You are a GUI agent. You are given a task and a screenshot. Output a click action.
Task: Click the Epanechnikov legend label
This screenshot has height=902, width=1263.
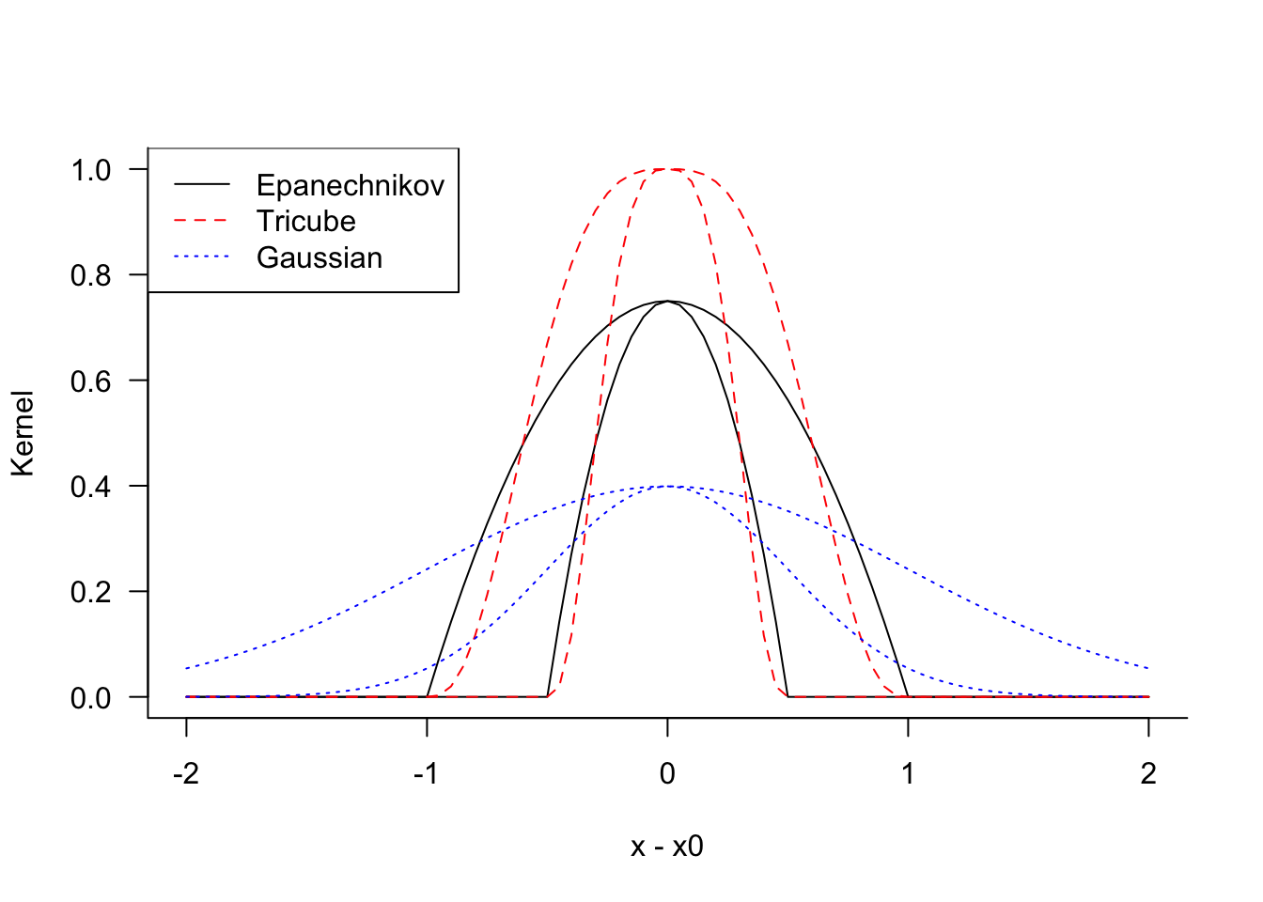[351, 185]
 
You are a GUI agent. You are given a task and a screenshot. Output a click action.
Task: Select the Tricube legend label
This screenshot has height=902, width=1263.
[306, 221]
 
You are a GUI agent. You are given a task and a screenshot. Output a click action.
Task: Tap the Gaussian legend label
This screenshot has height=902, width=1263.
[320, 257]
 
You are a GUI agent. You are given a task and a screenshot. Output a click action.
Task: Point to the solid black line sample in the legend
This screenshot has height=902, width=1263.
[202, 184]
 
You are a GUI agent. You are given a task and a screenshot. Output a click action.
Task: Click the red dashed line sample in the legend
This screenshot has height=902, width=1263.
[202, 221]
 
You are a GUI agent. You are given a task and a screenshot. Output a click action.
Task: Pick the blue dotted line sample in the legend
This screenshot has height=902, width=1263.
[202, 257]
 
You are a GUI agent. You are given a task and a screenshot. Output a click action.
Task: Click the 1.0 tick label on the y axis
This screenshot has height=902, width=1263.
[91, 170]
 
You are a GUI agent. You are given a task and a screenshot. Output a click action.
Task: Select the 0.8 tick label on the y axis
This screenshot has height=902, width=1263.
[91, 276]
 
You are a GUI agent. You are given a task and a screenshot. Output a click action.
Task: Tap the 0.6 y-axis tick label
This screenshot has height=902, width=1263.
[91, 381]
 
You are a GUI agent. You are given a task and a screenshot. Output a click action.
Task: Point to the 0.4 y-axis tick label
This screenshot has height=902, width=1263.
[91, 487]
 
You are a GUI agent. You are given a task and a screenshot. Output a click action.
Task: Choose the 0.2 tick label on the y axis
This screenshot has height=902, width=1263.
[91, 593]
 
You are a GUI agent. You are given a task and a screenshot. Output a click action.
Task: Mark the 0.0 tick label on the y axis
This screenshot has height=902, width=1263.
[91, 698]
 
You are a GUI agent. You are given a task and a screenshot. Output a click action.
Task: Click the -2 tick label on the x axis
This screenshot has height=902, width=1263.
[186, 773]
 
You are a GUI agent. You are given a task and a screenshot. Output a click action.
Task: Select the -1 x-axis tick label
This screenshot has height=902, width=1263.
[427, 773]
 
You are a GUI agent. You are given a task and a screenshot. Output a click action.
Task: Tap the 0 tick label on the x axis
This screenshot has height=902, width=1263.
[667, 773]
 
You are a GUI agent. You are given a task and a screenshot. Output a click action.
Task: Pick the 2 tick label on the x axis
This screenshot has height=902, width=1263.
[1148, 773]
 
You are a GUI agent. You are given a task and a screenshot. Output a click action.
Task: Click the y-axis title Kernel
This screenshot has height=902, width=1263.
[23, 433]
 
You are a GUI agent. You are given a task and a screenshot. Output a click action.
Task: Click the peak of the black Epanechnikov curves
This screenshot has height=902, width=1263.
[667, 301]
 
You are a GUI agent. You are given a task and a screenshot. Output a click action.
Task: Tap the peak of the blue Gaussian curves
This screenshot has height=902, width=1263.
[667, 486]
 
